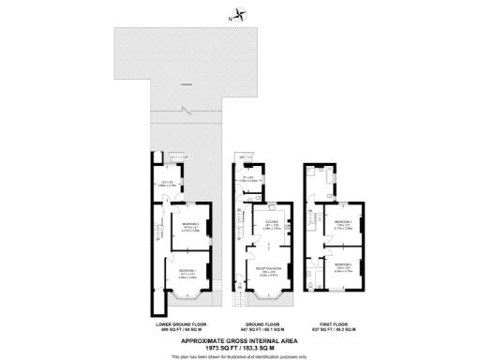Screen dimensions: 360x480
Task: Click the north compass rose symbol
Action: [242, 14]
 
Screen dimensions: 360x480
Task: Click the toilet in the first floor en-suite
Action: [309, 277]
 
